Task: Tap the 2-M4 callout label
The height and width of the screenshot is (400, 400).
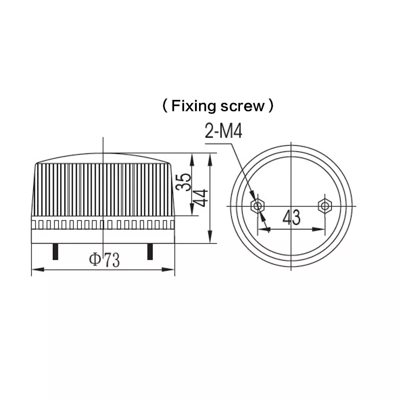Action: click(x=223, y=131)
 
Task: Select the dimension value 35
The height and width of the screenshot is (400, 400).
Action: click(x=183, y=182)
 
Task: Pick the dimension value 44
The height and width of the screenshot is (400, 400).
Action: click(x=200, y=197)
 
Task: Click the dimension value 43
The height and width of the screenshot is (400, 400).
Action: click(x=291, y=217)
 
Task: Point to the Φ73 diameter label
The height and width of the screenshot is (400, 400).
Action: click(x=104, y=259)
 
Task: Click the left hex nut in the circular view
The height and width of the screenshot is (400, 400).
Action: click(x=257, y=205)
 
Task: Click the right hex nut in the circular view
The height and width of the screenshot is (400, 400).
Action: click(x=324, y=205)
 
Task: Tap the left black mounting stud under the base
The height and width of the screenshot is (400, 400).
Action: click(x=55, y=251)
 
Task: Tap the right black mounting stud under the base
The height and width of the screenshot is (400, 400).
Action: click(x=150, y=251)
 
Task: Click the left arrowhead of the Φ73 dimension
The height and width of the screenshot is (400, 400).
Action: click(x=38, y=269)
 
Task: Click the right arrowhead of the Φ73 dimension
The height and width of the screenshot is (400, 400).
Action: click(x=168, y=269)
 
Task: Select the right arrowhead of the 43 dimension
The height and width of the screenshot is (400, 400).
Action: click(x=318, y=229)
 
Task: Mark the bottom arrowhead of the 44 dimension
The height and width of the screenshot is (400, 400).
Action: click(x=210, y=236)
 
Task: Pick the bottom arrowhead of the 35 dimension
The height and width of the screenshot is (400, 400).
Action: click(x=192, y=209)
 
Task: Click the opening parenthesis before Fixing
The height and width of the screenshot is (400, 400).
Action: click(x=165, y=106)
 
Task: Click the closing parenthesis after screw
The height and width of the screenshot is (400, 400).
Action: click(x=271, y=106)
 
